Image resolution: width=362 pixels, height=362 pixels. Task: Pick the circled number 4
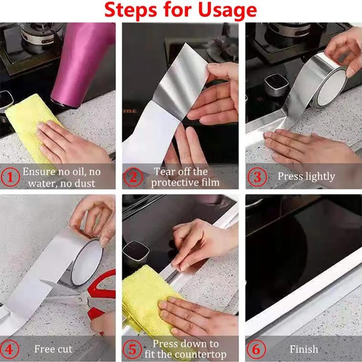(x=11, y=349)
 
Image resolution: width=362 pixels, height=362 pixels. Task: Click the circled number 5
(x=133, y=349)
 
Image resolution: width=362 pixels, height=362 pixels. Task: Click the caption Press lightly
(x=306, y=176)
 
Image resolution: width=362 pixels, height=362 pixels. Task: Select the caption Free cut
(x=53, y=349)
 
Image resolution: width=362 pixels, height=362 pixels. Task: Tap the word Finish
(x=304, y=349)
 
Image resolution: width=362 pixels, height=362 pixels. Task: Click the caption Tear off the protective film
(x=186, y=177)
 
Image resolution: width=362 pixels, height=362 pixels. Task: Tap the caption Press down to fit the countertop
(x=186, y=349)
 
